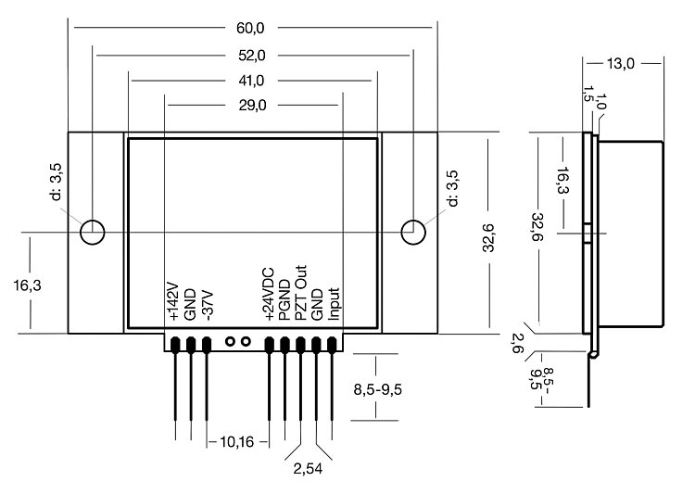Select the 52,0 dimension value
tap(252, 56)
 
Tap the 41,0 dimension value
tap(252, 81)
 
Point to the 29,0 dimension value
tap(252, 106)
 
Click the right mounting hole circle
tap(413, 231)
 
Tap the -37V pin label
tap(207, 305)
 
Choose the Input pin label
tap(334, 303)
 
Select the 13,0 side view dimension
tap(619, 64)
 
